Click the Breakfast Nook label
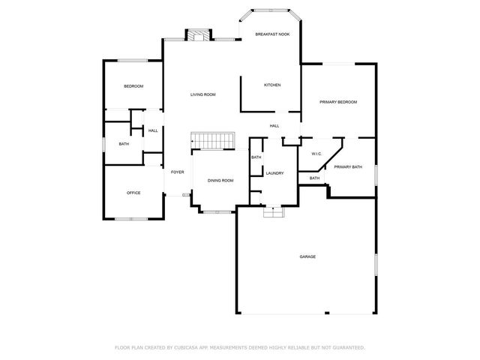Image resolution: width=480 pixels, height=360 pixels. coord(272,34)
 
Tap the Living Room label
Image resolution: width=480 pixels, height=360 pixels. coord(202,94)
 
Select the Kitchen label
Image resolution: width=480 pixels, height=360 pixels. coord(272,85)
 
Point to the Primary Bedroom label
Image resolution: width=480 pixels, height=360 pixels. coord(337,102)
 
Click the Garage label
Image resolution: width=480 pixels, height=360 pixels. coord(307,256)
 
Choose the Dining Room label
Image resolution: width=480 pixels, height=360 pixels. coord(220,181)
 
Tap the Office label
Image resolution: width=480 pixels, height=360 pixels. coord(133,193)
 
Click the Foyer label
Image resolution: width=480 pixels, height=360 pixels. coord(177,172)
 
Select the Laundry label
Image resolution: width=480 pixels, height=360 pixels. coord(274,173)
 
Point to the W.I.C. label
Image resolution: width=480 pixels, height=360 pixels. coord(316,154)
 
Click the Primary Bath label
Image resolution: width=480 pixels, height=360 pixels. coord(348,166)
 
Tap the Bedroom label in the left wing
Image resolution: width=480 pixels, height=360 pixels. coord(133,86)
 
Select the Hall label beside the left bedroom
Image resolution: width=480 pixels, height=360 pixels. coord(153,130)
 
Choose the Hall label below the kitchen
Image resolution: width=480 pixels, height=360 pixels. coord(274,125)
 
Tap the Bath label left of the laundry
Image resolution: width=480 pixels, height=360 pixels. coord(256,157)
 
